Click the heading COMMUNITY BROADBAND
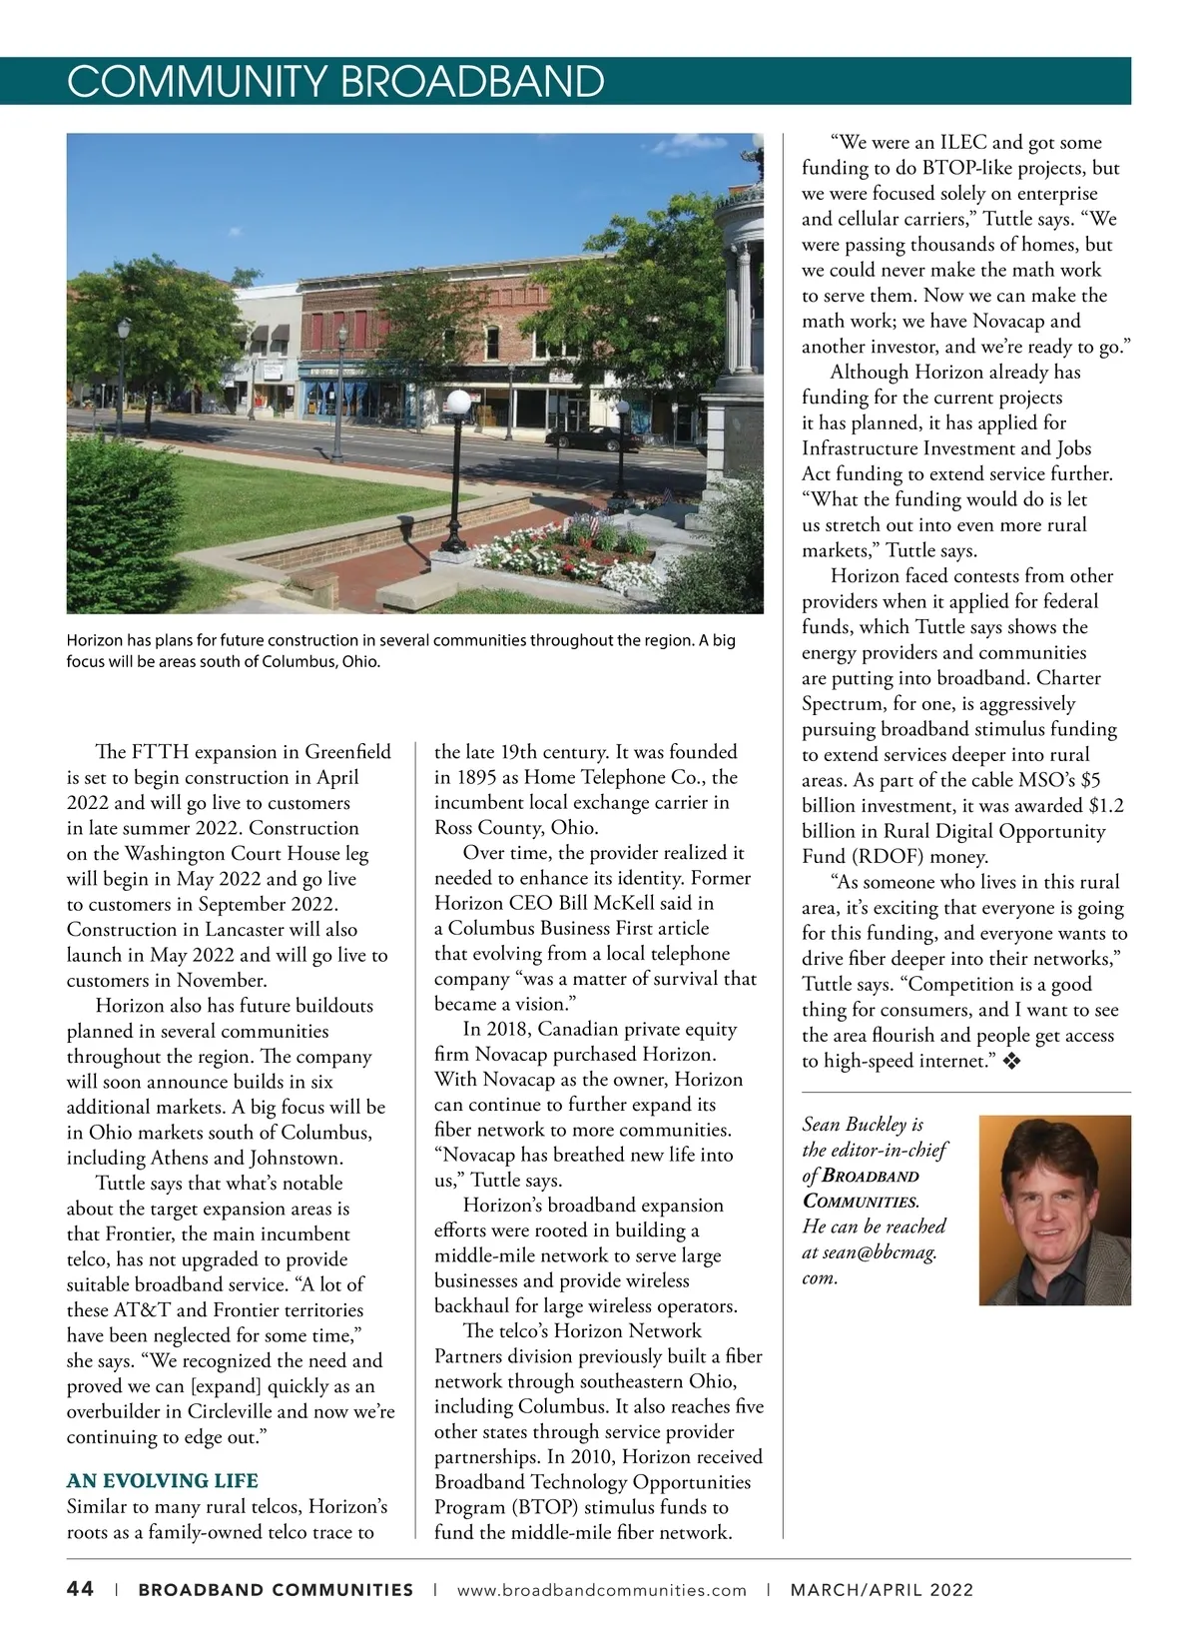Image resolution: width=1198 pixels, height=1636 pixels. point(335,81)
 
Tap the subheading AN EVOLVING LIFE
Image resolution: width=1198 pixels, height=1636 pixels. point(162,1480)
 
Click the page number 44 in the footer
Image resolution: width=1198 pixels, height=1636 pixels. point(81,1589)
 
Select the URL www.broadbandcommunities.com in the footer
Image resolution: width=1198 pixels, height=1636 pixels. point(601,1590)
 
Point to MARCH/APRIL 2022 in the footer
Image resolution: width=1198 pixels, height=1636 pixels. point(882,1590)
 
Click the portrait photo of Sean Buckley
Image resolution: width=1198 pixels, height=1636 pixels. point(1054,1210)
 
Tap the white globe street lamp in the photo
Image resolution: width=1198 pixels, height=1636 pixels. point(457,404)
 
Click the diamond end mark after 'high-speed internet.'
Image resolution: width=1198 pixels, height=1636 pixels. point(1011,1062)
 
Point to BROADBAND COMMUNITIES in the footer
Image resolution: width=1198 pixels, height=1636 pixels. point(276,1590)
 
